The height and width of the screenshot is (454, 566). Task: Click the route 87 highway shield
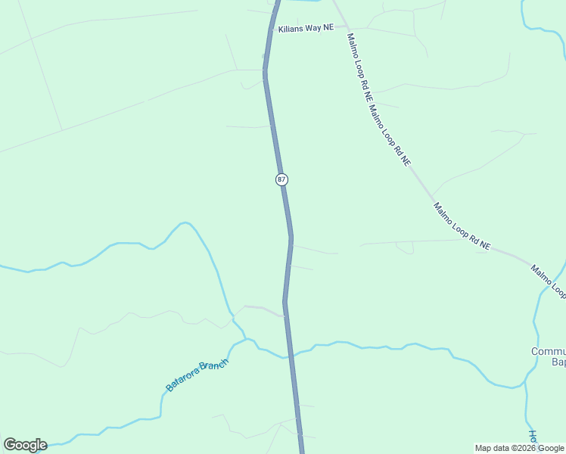point(281,179)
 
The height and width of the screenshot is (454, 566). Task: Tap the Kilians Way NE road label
point(305,28)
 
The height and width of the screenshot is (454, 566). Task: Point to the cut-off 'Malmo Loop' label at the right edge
point(548,279)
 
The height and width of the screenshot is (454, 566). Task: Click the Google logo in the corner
point(25,445)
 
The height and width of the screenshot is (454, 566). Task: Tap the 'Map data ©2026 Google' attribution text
point(520,448)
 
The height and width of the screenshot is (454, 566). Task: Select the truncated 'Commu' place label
point(548,352)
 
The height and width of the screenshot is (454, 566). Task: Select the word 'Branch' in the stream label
point(213,366)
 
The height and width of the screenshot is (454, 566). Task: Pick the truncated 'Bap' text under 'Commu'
point(558,363)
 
